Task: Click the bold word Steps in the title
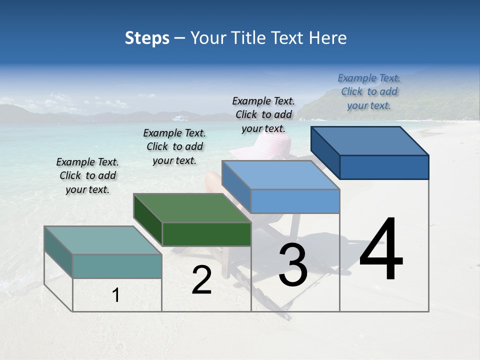(x=147, y=38)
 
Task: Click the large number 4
(x=381, y=250)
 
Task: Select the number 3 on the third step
(x=292, y=265)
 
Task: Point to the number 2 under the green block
(x=201, y=280)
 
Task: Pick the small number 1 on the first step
(x=116, y=295)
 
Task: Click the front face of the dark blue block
(x=384, y=167)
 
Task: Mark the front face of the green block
(x=206, y=234)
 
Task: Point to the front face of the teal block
(x=117, y=266)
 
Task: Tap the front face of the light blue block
(x=295, y=201)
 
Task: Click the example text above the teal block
(x=87, y=175)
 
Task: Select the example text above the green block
(x=174, y=146)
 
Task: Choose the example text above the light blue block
(x=263, y=114)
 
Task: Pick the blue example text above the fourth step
(x=369, y=91)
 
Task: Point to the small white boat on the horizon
(x=181, y=118)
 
